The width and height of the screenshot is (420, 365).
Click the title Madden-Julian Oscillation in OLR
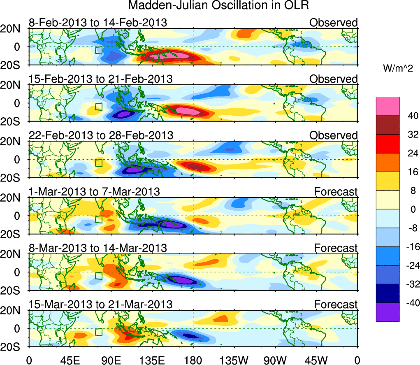click(218, 6)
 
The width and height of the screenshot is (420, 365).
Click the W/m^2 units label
click(397, 69)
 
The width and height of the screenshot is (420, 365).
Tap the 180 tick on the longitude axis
click(193, 359)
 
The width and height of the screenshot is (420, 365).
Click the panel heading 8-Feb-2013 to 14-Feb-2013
click(98, 22)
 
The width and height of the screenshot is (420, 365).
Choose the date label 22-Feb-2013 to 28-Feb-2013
click(101, 135)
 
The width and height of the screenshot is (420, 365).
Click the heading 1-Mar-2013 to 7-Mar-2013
click(94, 191)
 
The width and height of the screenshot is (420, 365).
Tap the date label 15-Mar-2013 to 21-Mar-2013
click(101, 304)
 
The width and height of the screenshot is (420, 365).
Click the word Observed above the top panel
click(334, 22)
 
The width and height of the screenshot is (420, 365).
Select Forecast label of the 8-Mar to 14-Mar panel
click(336, 248)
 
